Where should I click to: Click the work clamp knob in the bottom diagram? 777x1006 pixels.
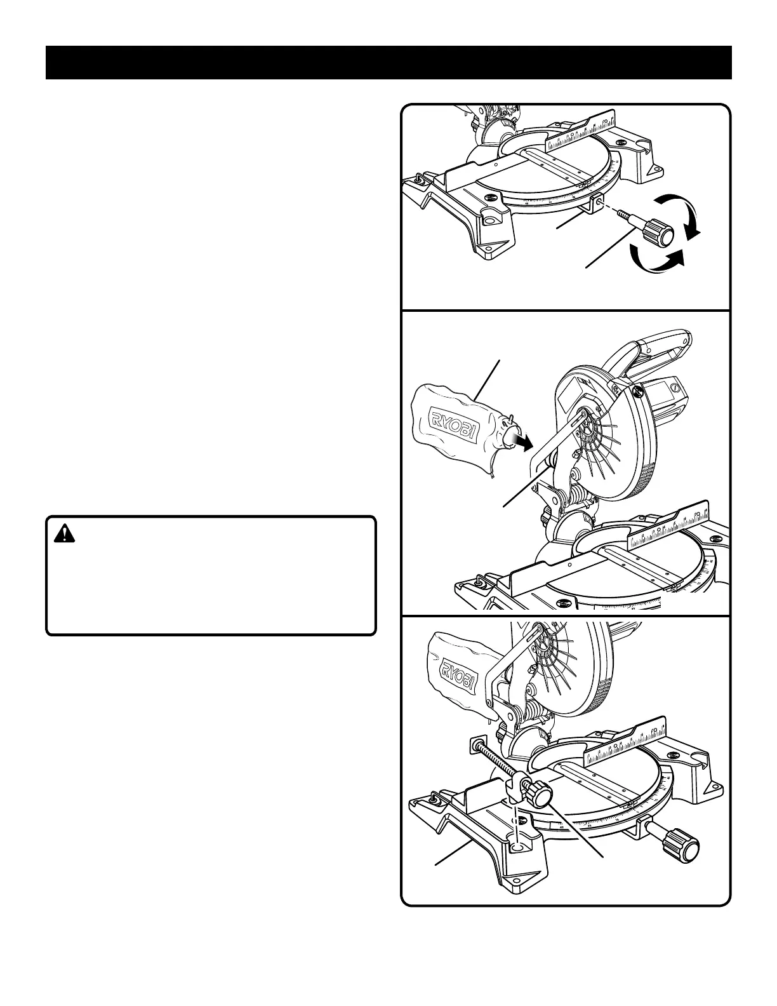point(541,794)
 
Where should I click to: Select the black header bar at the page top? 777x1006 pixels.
point(388,62)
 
